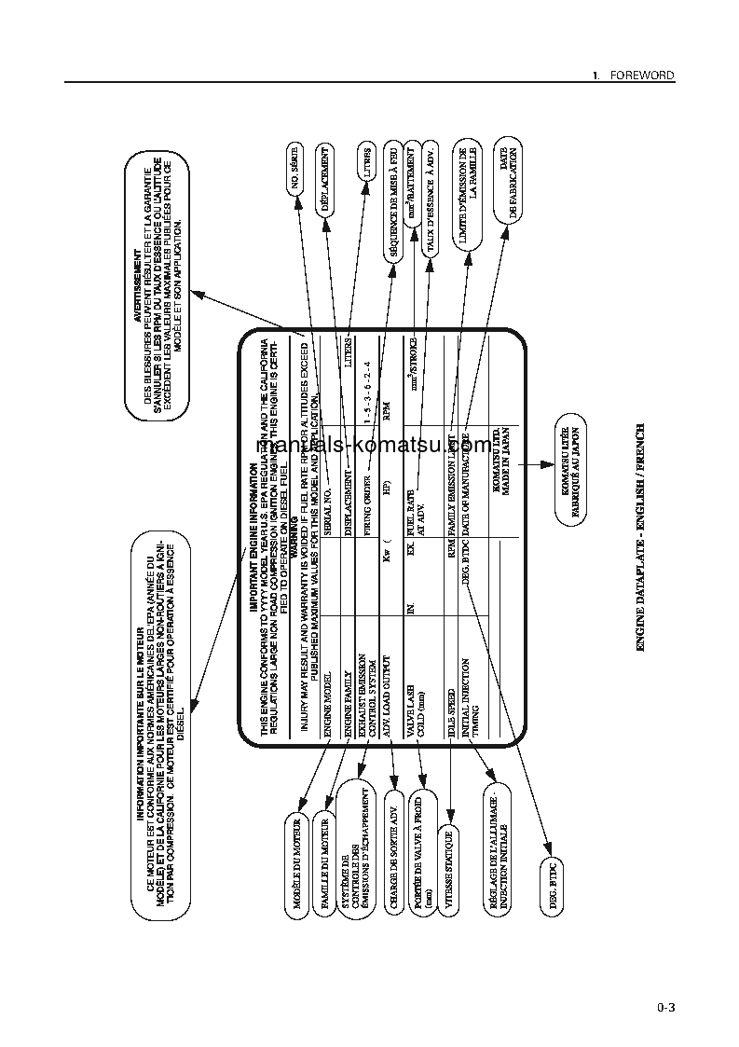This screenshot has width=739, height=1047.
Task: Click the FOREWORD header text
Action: [x=641, y=75]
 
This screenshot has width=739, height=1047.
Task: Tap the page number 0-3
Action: [x=664, y=1007]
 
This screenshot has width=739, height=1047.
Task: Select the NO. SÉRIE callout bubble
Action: [x=295, y=172]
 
